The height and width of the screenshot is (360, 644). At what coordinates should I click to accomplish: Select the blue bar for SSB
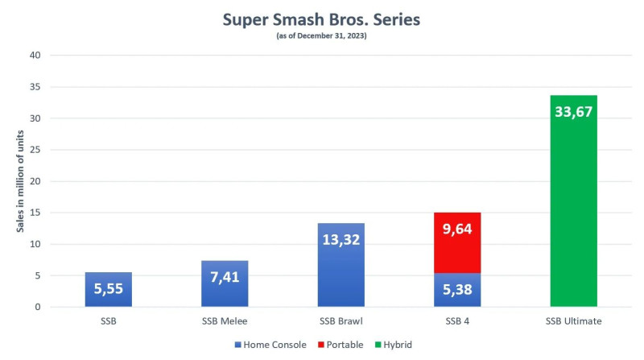click(108, 290)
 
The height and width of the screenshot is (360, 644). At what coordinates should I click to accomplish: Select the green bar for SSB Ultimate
click(574, 201)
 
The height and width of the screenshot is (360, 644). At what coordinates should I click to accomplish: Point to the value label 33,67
click(574, 111)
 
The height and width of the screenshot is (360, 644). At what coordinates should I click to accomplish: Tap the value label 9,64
click(457, 228)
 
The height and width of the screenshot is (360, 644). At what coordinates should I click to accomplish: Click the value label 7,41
click(225, 277)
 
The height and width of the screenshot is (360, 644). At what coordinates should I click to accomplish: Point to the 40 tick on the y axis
click(35, 55)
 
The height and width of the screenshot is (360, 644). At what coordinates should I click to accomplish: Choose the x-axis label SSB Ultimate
click(574, 321)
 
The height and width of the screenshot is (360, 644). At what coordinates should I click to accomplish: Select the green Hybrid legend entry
click(395, 345)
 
